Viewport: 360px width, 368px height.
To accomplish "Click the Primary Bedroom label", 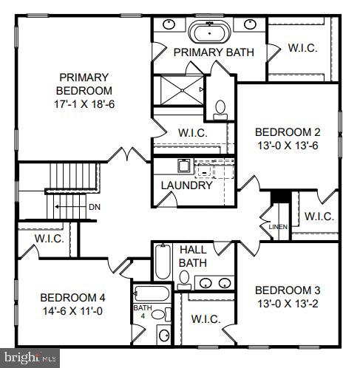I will [84, 84].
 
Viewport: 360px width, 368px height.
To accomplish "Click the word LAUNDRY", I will [187, 185].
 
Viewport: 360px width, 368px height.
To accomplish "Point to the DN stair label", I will [94, 208].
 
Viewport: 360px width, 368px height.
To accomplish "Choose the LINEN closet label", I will [276, 226].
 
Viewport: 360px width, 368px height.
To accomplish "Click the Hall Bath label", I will [194, 256].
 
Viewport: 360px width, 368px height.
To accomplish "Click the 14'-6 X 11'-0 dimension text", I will [72, 311].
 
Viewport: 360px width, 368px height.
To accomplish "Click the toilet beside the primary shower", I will [220, 109].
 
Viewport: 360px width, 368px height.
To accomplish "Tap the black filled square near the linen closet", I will [279, 197].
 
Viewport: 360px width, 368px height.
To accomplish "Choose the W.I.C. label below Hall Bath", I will [206, 320].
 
